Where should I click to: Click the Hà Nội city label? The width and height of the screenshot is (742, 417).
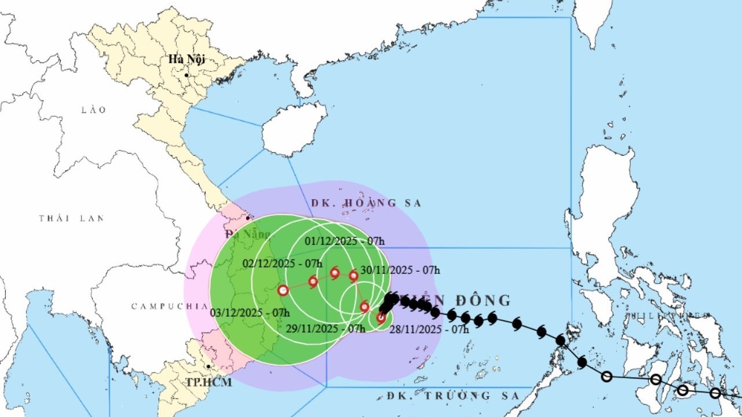pyautogui.click(x=187, y=59)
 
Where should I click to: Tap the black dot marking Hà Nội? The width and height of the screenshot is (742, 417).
pyautogui.click(x=187, y=75)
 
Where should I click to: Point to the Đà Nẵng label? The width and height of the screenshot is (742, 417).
pyautogui.click(x=248, y=234)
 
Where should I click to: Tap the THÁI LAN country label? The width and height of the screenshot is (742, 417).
pyautogui.click(x=71, y=218)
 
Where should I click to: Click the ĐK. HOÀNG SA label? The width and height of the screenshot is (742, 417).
pyautogui.click(x=366, y=203)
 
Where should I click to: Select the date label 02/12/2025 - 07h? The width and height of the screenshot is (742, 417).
pyautogui.click(x=282, y=263)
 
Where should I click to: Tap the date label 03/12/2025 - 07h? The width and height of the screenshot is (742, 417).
pyautogui.click(x=250, y=312)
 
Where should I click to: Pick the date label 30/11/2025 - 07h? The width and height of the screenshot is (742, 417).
pyautogui.click(x=400, y=269)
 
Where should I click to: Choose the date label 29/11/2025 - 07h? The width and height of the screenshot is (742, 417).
pyautogui.click(x=326, y=328)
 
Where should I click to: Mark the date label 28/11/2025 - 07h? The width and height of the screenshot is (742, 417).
pyautogui.click(x=429, y=329)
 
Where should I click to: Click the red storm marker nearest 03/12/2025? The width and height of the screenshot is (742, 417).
pyautogui.click(x=283, y=291)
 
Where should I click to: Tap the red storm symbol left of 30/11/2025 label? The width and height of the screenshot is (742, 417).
pyautogui.click(x=353, y=276)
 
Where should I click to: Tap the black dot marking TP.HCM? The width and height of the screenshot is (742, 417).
pyautogui.click(x=208, y=367)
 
